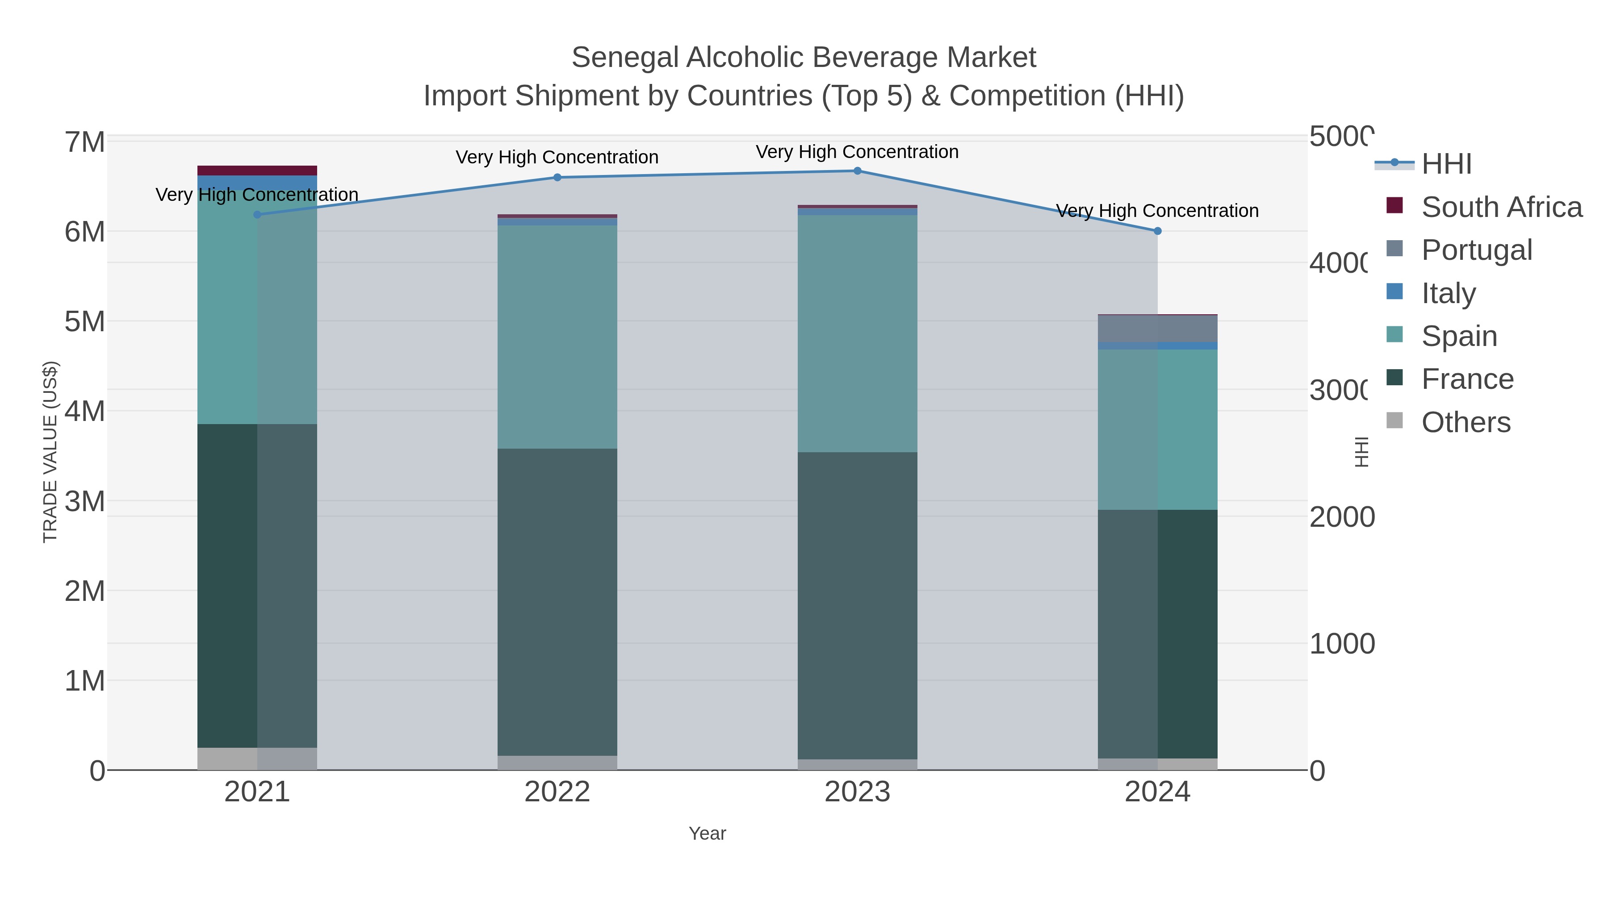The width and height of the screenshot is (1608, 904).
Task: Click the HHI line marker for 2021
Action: coord(257,215)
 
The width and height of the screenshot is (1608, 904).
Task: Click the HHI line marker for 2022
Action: coord(557,177)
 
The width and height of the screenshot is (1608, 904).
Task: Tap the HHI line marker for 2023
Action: coord(857,171)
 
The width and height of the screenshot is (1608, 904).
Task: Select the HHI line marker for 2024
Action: coord(1157,231)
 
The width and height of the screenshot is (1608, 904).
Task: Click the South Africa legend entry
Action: coord(1501,207)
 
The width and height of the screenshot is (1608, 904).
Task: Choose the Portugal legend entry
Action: coord(1476,250)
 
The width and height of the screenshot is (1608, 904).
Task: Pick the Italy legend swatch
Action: coord(1394,292)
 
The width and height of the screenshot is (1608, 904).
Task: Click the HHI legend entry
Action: coord(1446,164)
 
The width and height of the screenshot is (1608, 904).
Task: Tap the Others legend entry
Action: coord(1466,422)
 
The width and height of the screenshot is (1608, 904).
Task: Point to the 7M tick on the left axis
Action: coord(85,142)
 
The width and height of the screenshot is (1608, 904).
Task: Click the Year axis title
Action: coord(707,833)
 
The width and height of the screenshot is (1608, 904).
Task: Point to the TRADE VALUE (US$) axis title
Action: coord(50,452)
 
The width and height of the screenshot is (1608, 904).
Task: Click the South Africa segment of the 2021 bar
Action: coord(257,171)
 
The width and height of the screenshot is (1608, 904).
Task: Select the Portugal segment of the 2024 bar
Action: coord(1157,329)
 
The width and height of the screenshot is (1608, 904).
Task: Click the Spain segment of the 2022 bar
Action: coord(557,337)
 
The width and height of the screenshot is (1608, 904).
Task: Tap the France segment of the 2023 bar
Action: coord(857,605)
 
